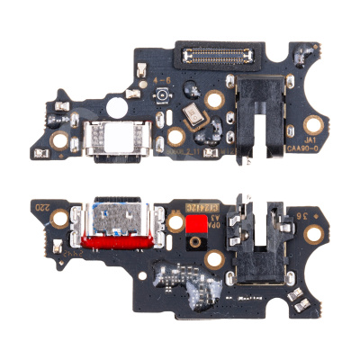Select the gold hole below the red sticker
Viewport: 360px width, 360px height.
[213, 260]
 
